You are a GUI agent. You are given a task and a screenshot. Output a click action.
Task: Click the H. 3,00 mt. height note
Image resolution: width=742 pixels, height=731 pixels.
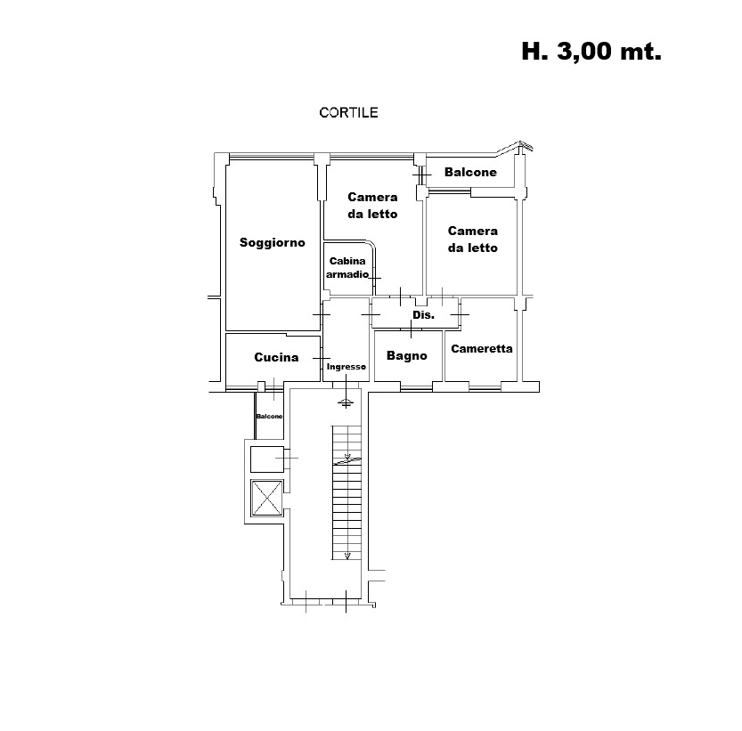pyautogui.click(x=591, y=51)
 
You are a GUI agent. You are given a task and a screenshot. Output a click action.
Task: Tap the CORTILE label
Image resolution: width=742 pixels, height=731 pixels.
pyautogui.click(x=349, y=112)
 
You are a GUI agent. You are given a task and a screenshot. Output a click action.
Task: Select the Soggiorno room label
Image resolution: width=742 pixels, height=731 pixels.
pyautogui.click(x=272, y=243)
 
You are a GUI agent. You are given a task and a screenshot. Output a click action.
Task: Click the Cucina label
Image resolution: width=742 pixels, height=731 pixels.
pyautogui.click(x=276, y=357)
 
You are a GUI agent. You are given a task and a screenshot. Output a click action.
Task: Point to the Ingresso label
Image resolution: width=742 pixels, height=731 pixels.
pyautogui.click(x=347, y=367)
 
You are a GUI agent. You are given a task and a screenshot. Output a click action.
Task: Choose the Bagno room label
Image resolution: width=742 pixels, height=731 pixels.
pyautogui.click(x=407, y=356)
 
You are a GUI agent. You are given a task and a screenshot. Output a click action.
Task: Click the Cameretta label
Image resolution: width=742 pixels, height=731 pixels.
pyautogui.click(x=482, y=349)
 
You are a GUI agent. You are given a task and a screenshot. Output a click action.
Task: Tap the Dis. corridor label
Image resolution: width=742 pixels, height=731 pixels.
pyautogui.click(x=423, y=315)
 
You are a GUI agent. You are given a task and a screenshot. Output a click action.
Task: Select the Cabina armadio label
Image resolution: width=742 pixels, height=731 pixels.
pyautogui.click(x=347, y=268)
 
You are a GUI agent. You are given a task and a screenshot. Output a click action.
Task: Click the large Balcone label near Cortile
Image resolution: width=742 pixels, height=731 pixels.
pyautogui.click(x=470, y=172)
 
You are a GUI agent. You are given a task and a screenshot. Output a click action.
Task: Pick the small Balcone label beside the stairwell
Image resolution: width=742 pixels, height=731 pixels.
pyautogui.click(x=269, y=417)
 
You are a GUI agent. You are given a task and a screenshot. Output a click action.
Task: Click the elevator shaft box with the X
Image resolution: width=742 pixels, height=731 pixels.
pyautogui.click(x=267, y=498)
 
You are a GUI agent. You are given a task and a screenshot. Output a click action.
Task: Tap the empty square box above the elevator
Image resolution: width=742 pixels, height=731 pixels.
pyautogui.click(x=267, y=459)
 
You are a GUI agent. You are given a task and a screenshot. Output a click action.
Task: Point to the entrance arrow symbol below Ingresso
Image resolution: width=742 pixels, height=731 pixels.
pyautogui.click(x=346, y=402)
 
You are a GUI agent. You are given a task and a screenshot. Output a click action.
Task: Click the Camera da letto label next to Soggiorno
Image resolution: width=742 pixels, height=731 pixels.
pyautogui.click(x=372, y=206)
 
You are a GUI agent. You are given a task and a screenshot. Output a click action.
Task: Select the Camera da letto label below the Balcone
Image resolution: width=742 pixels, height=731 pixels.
pyautogui.click(x=473, y=240)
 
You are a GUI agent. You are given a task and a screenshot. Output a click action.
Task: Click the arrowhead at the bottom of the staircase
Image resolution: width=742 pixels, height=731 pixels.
pyautogui.click(x=347, y=556)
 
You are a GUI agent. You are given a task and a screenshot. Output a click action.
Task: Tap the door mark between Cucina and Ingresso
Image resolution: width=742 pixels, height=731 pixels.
pyautogui.click(x=322, y=359)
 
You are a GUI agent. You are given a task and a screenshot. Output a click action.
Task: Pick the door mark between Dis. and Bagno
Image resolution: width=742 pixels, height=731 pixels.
pyautogui.click(x=411, y=329)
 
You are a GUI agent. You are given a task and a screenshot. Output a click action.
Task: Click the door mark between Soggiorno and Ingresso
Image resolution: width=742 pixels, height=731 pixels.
pyautogui.click(x=322, y=314)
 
